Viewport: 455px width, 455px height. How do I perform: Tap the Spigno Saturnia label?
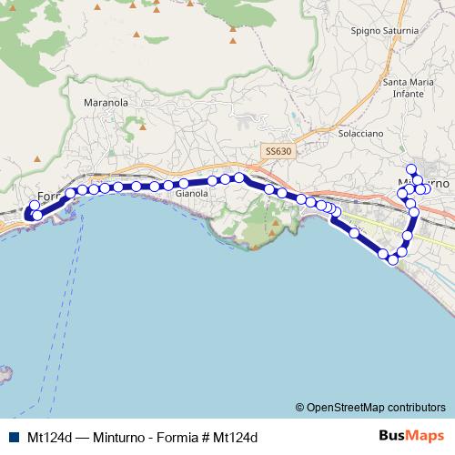tap(384, 30)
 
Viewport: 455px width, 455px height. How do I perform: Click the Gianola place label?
tap(191, 193)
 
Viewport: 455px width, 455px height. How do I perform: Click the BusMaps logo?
tap(404, 437)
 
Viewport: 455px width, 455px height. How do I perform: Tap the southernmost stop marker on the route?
tap(393, 260)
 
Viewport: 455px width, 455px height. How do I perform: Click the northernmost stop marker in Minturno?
tap(411, 167)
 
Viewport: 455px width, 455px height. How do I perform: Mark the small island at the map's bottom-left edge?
tap(4, 373)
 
